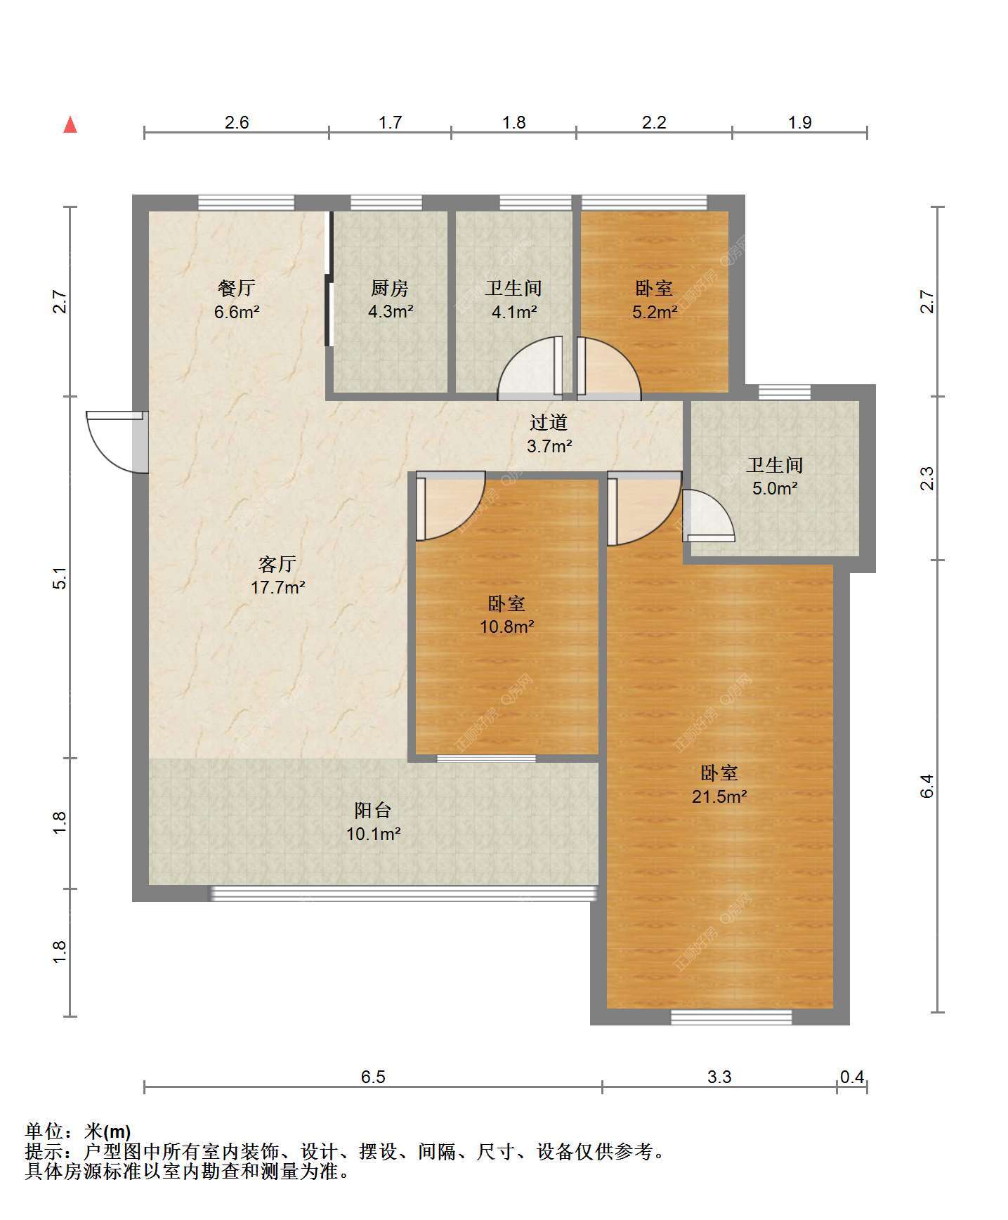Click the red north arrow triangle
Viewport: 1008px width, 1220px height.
click(70, 124)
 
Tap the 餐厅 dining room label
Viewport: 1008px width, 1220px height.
click(236, 288)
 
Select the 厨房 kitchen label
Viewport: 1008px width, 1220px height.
click(390, 288)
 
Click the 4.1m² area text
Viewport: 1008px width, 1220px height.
click(514, 312)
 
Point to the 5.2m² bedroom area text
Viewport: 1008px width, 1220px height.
click(655, 312)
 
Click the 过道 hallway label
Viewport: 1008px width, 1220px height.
click(549, 422)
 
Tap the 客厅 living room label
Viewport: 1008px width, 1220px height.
click(277, 564)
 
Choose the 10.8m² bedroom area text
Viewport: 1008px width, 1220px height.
click(507, 627)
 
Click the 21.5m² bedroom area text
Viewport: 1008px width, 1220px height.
click(719, 796)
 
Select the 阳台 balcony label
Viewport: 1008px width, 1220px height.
click(373, 811)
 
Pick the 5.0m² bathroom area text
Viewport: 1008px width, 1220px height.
click(775, 488)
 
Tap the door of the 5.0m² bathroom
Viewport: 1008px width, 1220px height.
click(708, 516)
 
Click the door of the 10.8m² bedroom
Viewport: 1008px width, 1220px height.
click(450, 506)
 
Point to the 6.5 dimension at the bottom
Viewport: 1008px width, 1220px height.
click(373, 1077)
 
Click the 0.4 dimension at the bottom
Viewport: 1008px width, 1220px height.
click(852, 1077)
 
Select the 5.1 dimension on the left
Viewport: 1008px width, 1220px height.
click(60, 578)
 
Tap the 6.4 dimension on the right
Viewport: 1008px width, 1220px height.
click(927, 786)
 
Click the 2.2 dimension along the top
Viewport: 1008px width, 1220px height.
click(654, 122)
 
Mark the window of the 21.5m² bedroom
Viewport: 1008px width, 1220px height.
click(731, 1017)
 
